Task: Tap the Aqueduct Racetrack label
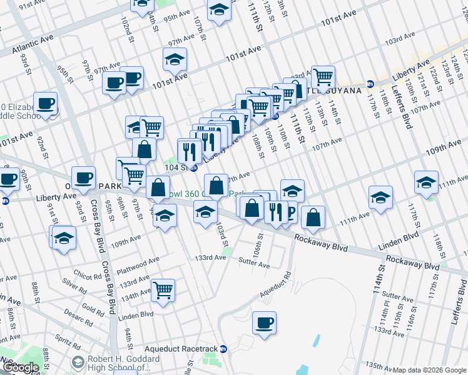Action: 180,348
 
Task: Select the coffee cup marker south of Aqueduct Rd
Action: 264,323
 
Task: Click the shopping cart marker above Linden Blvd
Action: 163,289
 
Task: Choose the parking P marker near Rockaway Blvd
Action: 289,213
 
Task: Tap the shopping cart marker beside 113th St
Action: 322,77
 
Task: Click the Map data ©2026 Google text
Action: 429,370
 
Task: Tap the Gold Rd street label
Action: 93,309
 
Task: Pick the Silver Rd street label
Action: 74,291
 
